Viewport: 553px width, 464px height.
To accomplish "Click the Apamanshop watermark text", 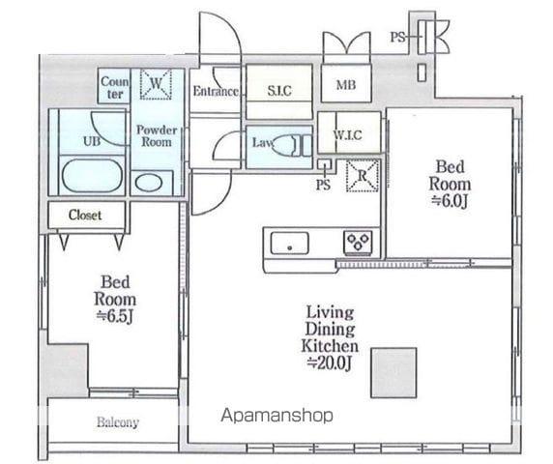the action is click(276, 416).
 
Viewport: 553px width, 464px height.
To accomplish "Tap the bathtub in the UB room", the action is click(92, 176).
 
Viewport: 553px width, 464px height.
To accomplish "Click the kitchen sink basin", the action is click(289, 243).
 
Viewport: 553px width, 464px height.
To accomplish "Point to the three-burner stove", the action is click(358, 242).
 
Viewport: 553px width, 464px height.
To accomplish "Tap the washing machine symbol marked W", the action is click(156, 84).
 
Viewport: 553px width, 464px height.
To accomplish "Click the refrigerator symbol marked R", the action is click(363, 176).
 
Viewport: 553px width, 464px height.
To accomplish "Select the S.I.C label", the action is click(279, 91).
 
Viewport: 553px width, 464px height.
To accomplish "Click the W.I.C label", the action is click(347, 134).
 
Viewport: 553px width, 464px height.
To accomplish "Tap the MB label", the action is click(346, 85).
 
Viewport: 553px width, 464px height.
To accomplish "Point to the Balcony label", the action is click(118, 421).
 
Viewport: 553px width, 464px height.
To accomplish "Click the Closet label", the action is click(85, 215).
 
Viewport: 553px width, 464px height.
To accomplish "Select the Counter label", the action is click(115, 88).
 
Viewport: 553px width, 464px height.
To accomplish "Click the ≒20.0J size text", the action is click(330, 362).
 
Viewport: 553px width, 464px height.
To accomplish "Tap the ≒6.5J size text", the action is click(115, 316).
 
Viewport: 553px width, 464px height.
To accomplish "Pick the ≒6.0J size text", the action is click(450, 201).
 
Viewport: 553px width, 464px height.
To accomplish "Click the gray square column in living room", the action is click(393, 373).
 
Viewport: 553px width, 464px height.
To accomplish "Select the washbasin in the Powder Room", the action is click(149, 183).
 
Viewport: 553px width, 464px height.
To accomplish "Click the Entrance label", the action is click(216, 92).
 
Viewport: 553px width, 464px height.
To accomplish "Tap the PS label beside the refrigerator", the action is click(323, 185).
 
